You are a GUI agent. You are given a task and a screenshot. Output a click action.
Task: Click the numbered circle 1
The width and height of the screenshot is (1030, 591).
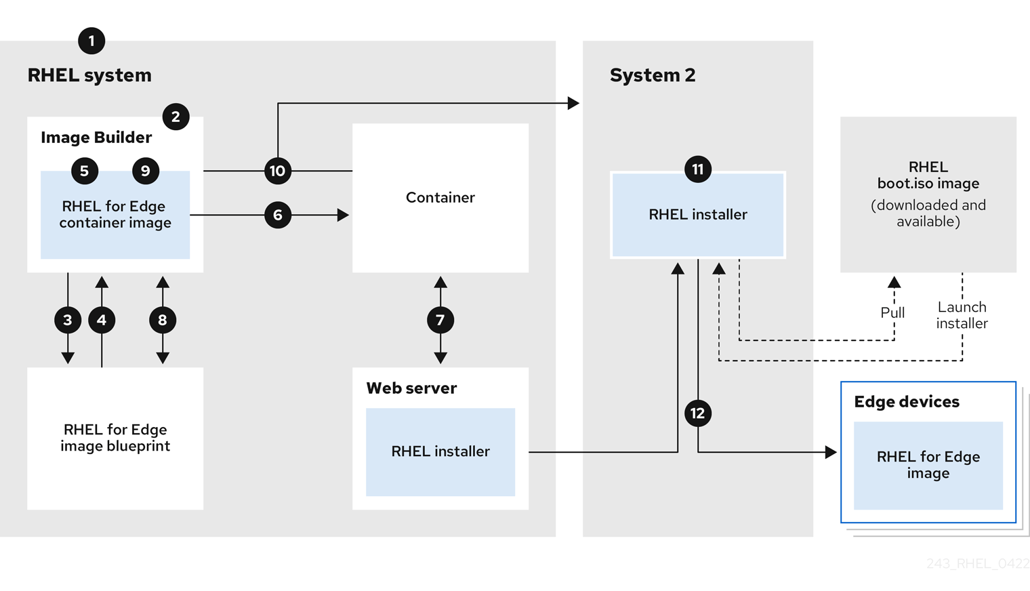[x=91, y=41]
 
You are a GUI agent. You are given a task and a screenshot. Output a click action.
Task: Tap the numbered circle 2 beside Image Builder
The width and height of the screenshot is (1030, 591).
[x=176, y=117]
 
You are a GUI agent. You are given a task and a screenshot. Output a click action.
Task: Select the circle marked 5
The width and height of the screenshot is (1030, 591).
[x=85, y=171]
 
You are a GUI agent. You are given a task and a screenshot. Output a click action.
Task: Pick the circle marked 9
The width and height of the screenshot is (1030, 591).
[x=146, y=171]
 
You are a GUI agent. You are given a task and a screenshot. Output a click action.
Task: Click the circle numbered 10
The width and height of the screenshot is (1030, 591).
[x=278, y=171]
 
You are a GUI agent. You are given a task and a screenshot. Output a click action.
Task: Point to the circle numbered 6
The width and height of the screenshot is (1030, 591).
[x=278, y=215]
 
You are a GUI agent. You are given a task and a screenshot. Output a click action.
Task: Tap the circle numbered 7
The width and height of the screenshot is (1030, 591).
[x=440, y=320]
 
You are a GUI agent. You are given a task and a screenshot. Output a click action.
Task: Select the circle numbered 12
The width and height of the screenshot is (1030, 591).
[x=698, y=413]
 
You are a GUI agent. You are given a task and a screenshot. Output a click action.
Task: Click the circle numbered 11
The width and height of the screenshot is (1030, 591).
[x=698, y=169]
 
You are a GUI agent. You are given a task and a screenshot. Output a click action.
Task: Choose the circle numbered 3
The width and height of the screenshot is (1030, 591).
[x=68, y=320]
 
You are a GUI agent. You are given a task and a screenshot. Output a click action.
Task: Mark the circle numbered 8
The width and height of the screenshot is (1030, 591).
[x=163, y=320]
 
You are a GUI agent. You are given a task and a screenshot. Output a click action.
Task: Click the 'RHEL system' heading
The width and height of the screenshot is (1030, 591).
[x=89, y=75]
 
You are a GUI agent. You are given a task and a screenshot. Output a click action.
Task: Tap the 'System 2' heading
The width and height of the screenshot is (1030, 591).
[x=653, y=75]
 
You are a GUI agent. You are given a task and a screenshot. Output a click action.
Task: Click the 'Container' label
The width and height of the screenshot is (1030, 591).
[x=440, y=197]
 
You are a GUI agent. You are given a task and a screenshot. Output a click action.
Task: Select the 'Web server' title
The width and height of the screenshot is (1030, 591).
[x=411, y=388]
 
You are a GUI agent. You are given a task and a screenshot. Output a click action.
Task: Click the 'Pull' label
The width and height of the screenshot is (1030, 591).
[x=892, y=312]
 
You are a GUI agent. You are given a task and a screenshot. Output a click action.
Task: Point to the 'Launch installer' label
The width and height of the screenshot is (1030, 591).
[x=962, y=315]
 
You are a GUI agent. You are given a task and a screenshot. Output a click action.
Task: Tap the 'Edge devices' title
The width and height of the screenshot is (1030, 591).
[x=907, y=402]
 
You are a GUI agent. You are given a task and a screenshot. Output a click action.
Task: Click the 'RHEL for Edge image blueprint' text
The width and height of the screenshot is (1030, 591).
[x=115, y=438]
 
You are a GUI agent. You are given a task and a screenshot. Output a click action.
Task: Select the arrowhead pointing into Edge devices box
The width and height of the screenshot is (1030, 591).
[x=831, y=452]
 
